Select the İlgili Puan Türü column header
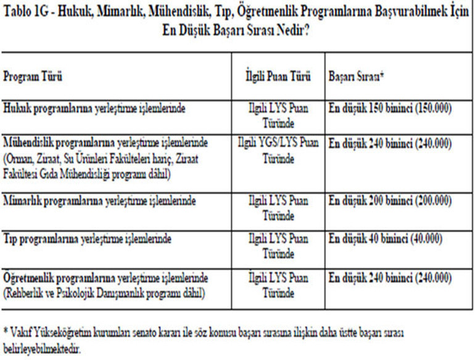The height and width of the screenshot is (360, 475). coord(278,80)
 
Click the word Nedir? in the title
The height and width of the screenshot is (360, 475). coord(291,29)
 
